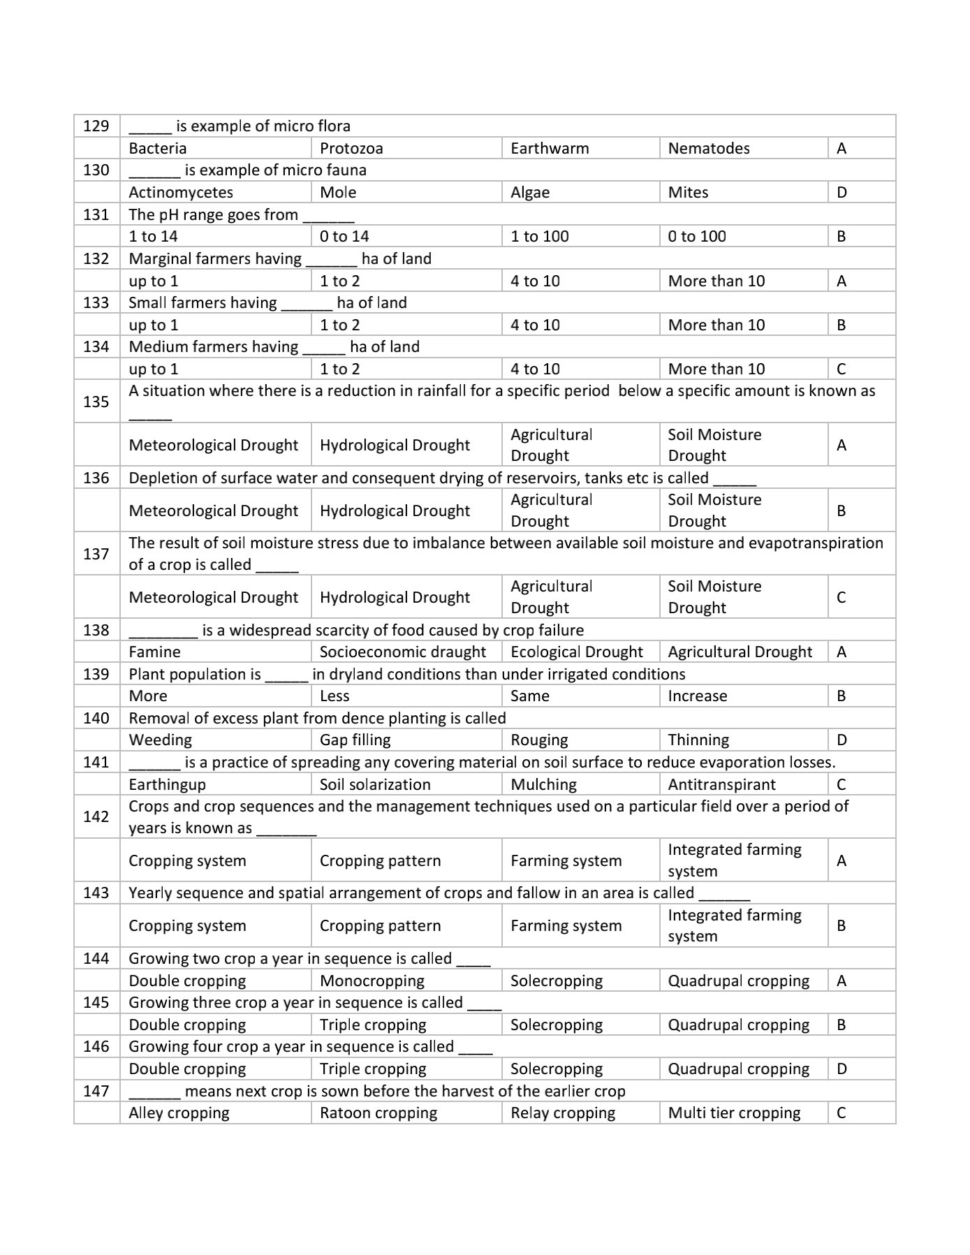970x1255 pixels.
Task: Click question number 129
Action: tap(96, 126)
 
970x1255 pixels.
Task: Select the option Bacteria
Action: tap(158, 148)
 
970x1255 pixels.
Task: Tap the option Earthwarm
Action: tap(550, 148)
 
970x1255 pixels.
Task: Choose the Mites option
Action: tap(688, 192)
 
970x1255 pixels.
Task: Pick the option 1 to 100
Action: tap(539, 236)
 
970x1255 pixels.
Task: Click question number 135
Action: tap(96, 402)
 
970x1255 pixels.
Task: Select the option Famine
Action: tap(154, 652)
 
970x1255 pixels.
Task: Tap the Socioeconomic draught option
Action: tap(402, 652)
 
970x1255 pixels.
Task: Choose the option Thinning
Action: tap(698, 740)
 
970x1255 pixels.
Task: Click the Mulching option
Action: tap(543, 784)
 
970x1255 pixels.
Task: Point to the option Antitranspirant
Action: tap(721, 784)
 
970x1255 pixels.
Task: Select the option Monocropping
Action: tap(372, 981)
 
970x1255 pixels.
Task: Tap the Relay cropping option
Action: tap(563, 1113)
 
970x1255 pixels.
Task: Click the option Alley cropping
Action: tap(179, 1113)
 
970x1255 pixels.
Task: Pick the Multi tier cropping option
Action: tap(734, 1113)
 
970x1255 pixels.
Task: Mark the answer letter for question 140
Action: tap(842, 740)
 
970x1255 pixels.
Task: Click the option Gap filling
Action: tap(355, 740)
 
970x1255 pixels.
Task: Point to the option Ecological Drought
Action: tap(576, 652)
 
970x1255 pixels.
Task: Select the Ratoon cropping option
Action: tap(378, 1113)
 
